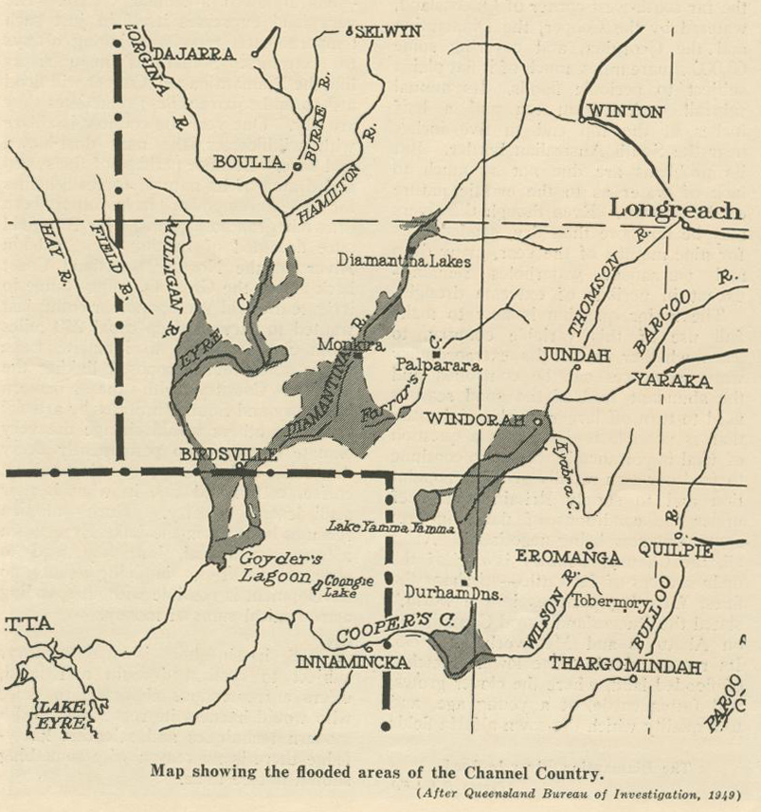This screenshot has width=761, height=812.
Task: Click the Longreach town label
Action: coord(675,209)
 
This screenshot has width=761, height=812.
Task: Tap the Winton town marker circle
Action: coord(581,120)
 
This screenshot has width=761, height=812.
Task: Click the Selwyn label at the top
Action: coord(388,32)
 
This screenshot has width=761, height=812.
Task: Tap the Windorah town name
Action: coord(475,419)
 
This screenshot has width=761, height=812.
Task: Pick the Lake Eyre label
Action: coord(61,714)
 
